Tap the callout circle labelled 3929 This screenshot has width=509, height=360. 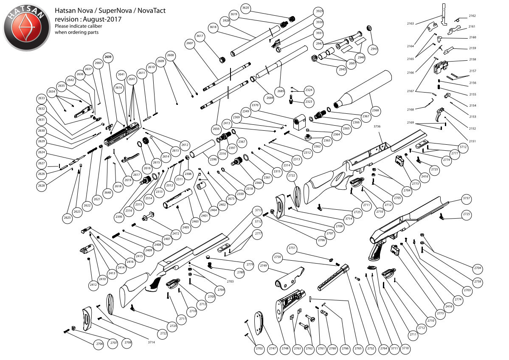click(x=319, y=11)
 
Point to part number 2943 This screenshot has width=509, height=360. click(x=374, y=48)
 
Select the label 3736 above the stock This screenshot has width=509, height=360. click(x=377, y=126)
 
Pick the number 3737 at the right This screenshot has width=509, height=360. click(x=467, y=198)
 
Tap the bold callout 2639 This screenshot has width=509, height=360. click(x=108, y=57)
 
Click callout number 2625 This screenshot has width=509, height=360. click(x=67, y=218)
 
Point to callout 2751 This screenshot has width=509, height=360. click(x=292, y=247)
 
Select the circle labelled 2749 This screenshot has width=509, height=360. click(x=263, y=265)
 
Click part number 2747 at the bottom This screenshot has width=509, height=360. click(x=272, y=348)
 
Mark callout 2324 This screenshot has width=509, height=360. click(x=309, y=90)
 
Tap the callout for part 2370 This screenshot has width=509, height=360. click(x=255, y=105)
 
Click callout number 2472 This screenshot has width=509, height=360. click(x=176, y=233)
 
